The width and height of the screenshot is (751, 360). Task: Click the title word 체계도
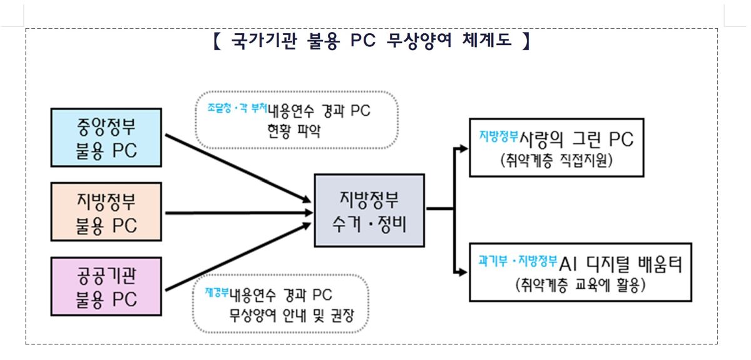point(487,40)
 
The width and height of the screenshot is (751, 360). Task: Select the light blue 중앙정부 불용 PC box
point(106,138)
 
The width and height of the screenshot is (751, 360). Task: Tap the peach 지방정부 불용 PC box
point(106,212)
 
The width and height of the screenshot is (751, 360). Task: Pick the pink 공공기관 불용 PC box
point(106,287)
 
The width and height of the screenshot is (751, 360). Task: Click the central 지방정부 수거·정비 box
point(369,210)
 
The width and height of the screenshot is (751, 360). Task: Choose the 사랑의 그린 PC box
point(556,147)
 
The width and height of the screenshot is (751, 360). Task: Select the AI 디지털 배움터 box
point(581,272)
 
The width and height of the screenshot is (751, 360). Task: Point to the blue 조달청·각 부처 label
point(237,108)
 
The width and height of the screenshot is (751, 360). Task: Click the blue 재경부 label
point(217,292)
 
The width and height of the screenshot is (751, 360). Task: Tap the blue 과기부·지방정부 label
point(518,260)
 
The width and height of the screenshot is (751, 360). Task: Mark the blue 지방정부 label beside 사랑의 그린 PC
point(499,136)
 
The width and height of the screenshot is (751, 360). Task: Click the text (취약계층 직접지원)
point(556,160)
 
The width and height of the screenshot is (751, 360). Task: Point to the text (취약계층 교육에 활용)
point(580,285)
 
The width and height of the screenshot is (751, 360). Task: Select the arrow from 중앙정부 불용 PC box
point(238,168)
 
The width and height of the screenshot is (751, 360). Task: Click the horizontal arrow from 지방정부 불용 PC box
point(238,213)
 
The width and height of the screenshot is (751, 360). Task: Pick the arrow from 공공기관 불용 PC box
point(238,257)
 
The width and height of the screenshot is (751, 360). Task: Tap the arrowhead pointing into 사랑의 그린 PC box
point(463,148)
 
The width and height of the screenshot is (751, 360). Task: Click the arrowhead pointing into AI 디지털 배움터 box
point(463,272)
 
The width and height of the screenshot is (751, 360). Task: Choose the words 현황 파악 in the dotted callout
point(294,131)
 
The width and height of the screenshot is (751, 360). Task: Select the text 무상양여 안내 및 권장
point(292,316)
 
